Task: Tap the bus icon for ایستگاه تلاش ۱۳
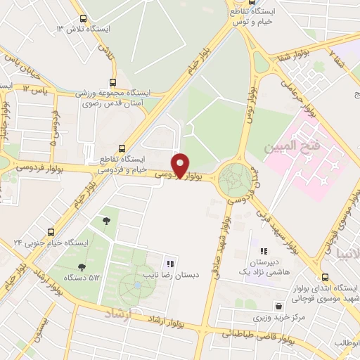click(84, 20)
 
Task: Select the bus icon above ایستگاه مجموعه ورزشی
click(114, 82)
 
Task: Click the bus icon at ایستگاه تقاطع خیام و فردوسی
click(122, 148)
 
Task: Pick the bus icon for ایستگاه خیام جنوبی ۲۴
click(50, 231)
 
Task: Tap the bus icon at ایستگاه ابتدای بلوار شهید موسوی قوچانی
click(325, 277)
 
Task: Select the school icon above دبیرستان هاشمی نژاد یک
click(263, 251)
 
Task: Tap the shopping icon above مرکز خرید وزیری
click(281, 307)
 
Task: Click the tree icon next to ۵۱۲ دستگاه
click(82, 267)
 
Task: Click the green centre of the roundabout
click(233, 181)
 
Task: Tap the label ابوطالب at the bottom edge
click(346, 343)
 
